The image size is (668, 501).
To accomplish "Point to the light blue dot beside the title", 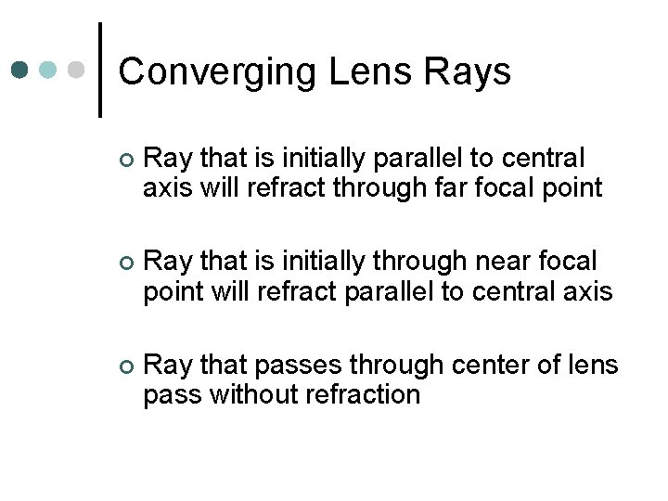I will [x=50, y=70].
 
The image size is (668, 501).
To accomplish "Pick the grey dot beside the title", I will [x=78, y=70].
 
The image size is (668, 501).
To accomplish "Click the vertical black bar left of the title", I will [x=100, y=70].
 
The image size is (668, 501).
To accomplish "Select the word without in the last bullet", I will [x=250, y=395].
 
